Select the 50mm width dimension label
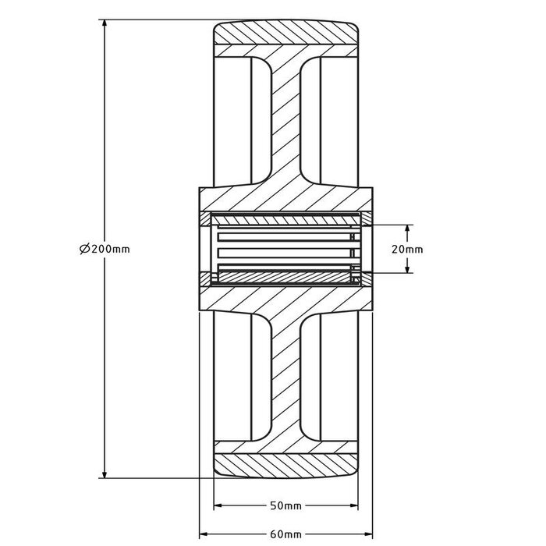(285, 506)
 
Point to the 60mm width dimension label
(285, 534)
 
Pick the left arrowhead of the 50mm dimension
(218, 505)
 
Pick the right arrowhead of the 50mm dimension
(354, 505)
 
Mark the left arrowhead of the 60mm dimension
(205, 534)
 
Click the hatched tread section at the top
(285, 35)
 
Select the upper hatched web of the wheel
(285, 117)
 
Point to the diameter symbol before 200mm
(83, 249)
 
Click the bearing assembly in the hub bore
(285, 250)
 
